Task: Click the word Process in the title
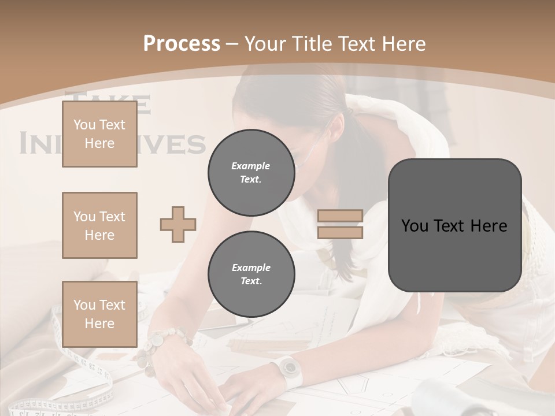coord(182,43)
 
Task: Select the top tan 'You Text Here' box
coord(99,134)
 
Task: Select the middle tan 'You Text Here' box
coord(99,225)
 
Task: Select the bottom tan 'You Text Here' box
coord(99,314)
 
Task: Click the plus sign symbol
coord(178,224)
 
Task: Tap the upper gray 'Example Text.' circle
coord(251,173)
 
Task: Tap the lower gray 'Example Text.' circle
coord(251,274)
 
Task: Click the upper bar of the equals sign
coord(341,216)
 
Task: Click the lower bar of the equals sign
coord(341,232)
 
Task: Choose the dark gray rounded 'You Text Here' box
coord(454,225)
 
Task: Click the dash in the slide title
coord(232,44)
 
